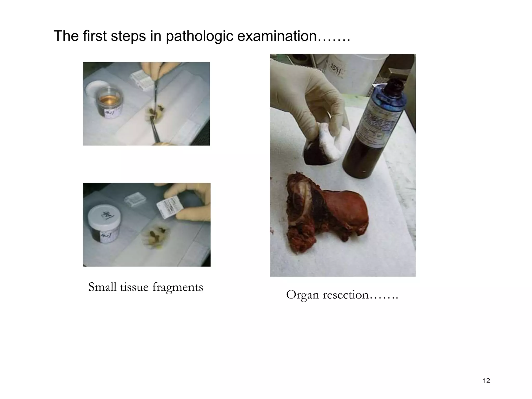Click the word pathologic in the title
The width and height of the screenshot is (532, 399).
click(200, 36)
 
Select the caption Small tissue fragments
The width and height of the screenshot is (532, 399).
click(145, 287)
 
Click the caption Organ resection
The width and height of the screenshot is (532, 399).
click(342, 295)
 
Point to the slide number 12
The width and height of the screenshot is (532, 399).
click(486, 381)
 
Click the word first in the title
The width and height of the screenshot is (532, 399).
click(95, 36)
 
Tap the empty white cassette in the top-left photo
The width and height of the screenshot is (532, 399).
click(140, 78)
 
